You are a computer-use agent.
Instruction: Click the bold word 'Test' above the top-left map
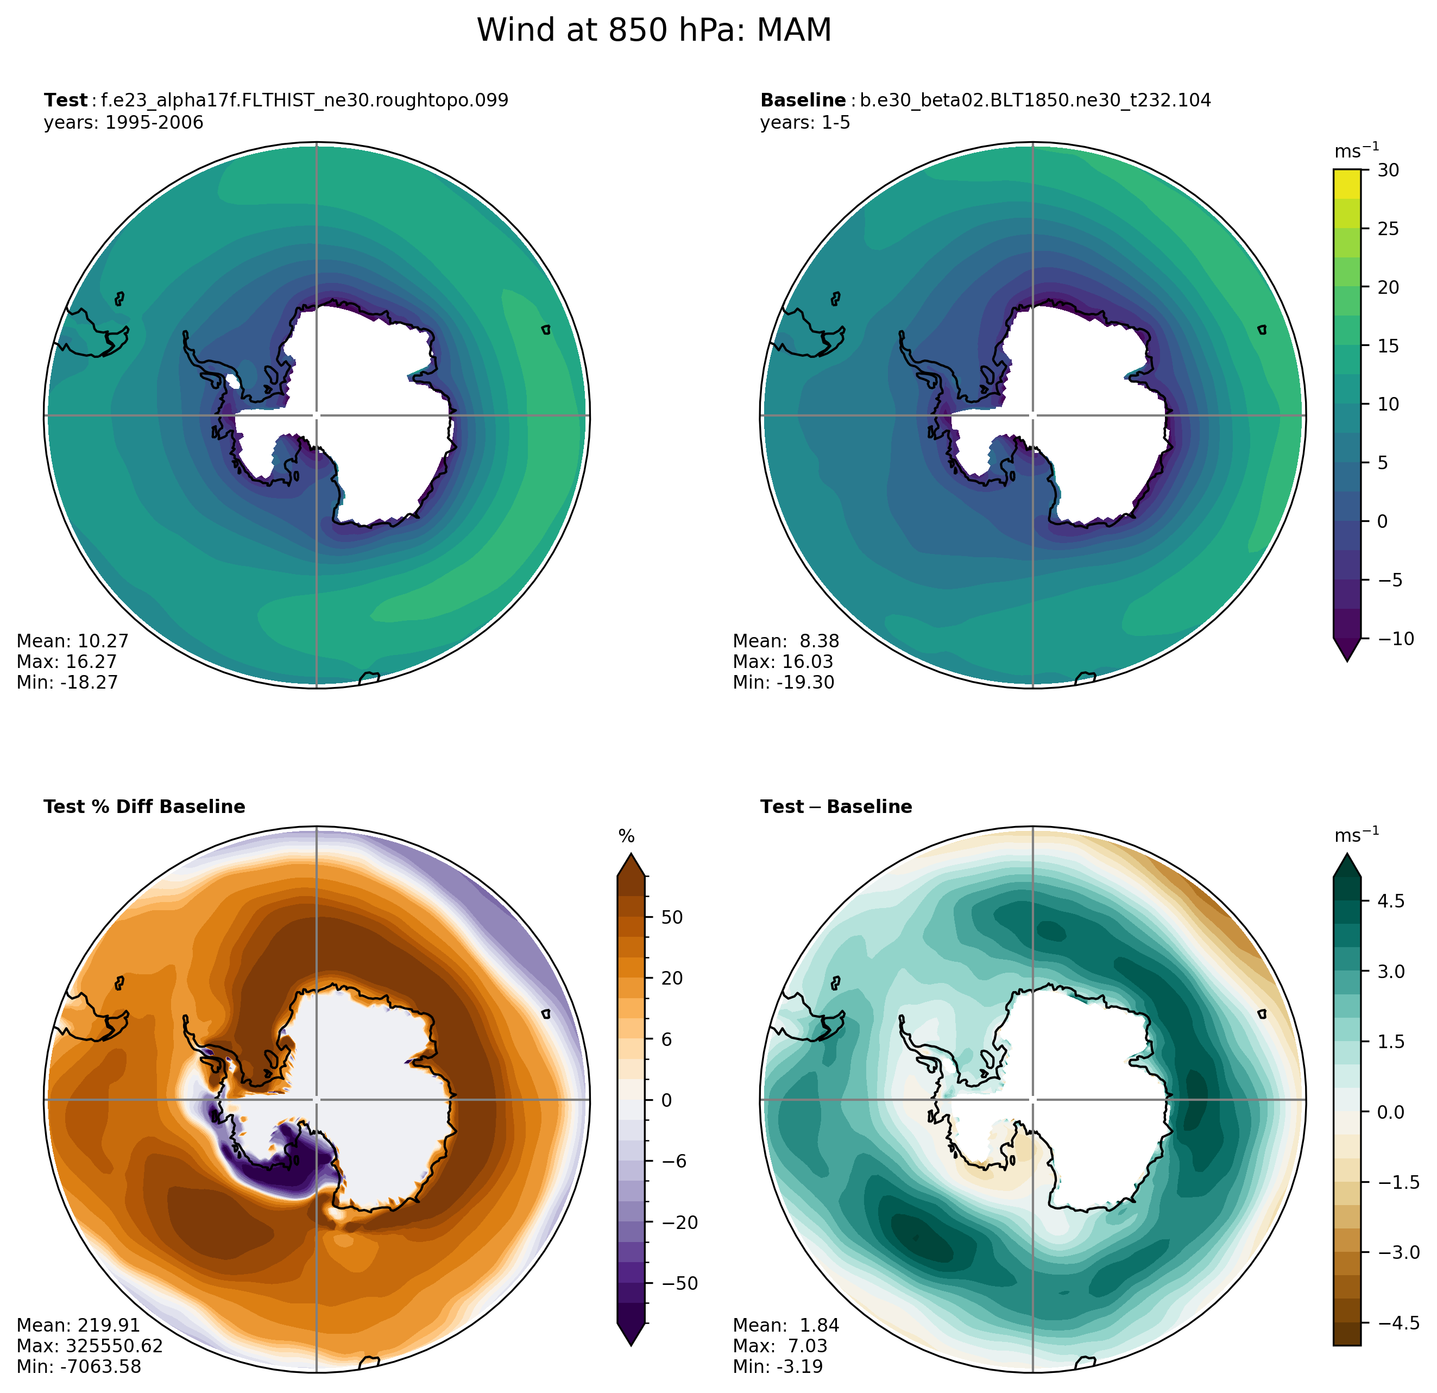pos(65,100)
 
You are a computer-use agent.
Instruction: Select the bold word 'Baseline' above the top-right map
pos(803,100)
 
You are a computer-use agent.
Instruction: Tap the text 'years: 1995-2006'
pos(123,122)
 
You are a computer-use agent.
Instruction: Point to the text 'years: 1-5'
pos(805,122)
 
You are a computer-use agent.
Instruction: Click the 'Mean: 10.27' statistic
pos(73,641)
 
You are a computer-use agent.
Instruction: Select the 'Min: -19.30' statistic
pos(783,683)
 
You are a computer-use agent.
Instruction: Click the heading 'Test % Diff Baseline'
pos(144,806)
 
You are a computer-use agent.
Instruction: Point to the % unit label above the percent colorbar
pos(626,836)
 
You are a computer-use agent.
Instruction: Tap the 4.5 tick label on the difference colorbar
pos(1391,900)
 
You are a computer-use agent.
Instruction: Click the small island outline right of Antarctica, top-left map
pos(545,330)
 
